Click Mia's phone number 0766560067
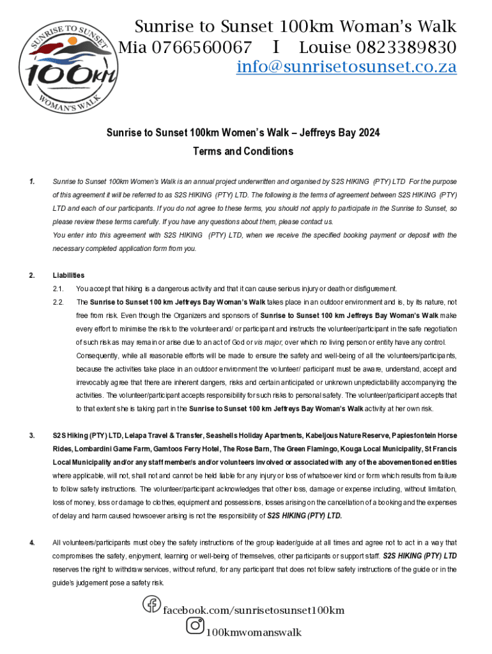click(201, 47)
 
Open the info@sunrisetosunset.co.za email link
click(346, 66)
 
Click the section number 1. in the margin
click(32, 181)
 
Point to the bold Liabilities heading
click(68, 275)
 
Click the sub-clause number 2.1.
click(59, 289)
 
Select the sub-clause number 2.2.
click(59, 301)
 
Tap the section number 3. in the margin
click(32, 436)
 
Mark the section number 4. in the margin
click(32, 543)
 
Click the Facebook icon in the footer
click(151, 604)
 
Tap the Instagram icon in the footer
click(195, 626)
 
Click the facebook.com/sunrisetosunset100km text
click(254, 611)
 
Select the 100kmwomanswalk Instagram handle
click(253, 633)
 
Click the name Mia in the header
click(133, 47)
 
